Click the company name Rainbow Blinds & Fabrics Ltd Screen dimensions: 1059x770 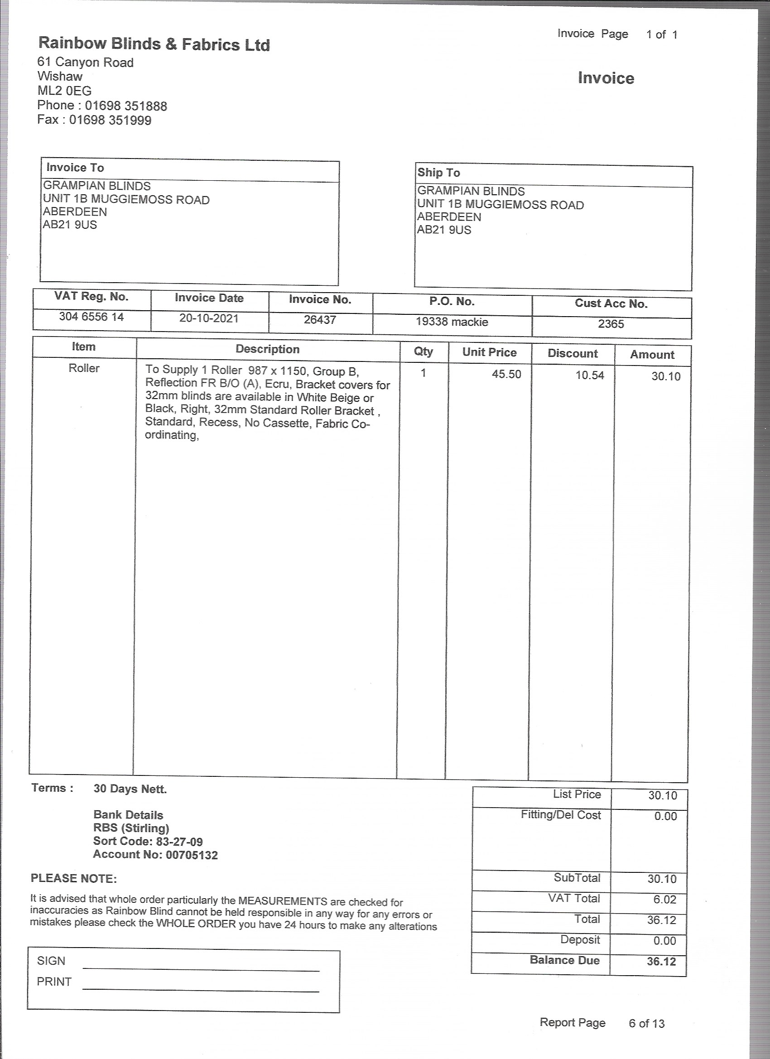154,44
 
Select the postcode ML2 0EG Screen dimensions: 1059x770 64,91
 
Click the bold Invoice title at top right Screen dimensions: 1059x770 606,78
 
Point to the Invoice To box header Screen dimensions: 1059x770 75,168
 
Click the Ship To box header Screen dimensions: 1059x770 438,173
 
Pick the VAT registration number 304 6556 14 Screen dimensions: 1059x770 91,317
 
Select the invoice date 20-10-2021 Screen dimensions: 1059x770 209,318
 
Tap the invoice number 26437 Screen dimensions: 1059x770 320,320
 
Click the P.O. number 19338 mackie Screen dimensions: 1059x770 452,322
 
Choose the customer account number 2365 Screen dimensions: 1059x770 611,324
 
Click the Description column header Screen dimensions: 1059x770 267,349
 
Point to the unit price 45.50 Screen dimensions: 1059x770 506,375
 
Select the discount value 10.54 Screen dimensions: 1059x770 589,375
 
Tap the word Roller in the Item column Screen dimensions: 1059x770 84,368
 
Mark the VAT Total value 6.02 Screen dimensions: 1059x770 664,899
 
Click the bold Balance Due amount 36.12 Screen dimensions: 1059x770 661,962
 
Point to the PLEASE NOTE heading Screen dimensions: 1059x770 73,879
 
